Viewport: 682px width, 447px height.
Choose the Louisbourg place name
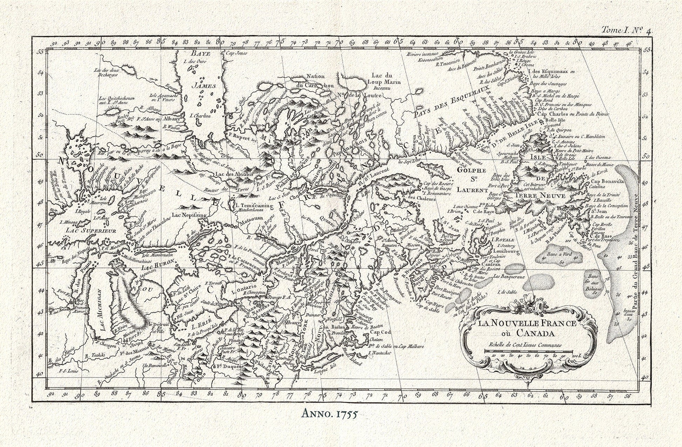[x=505, y=251]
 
